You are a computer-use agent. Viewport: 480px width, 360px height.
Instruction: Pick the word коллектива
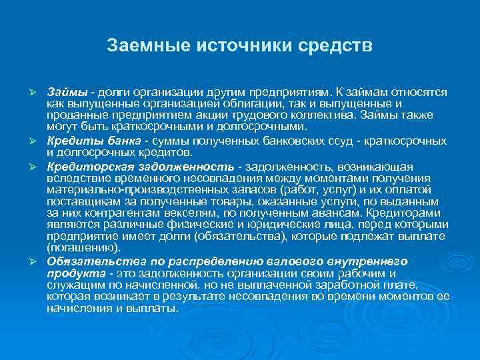click(x=313, y=115)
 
